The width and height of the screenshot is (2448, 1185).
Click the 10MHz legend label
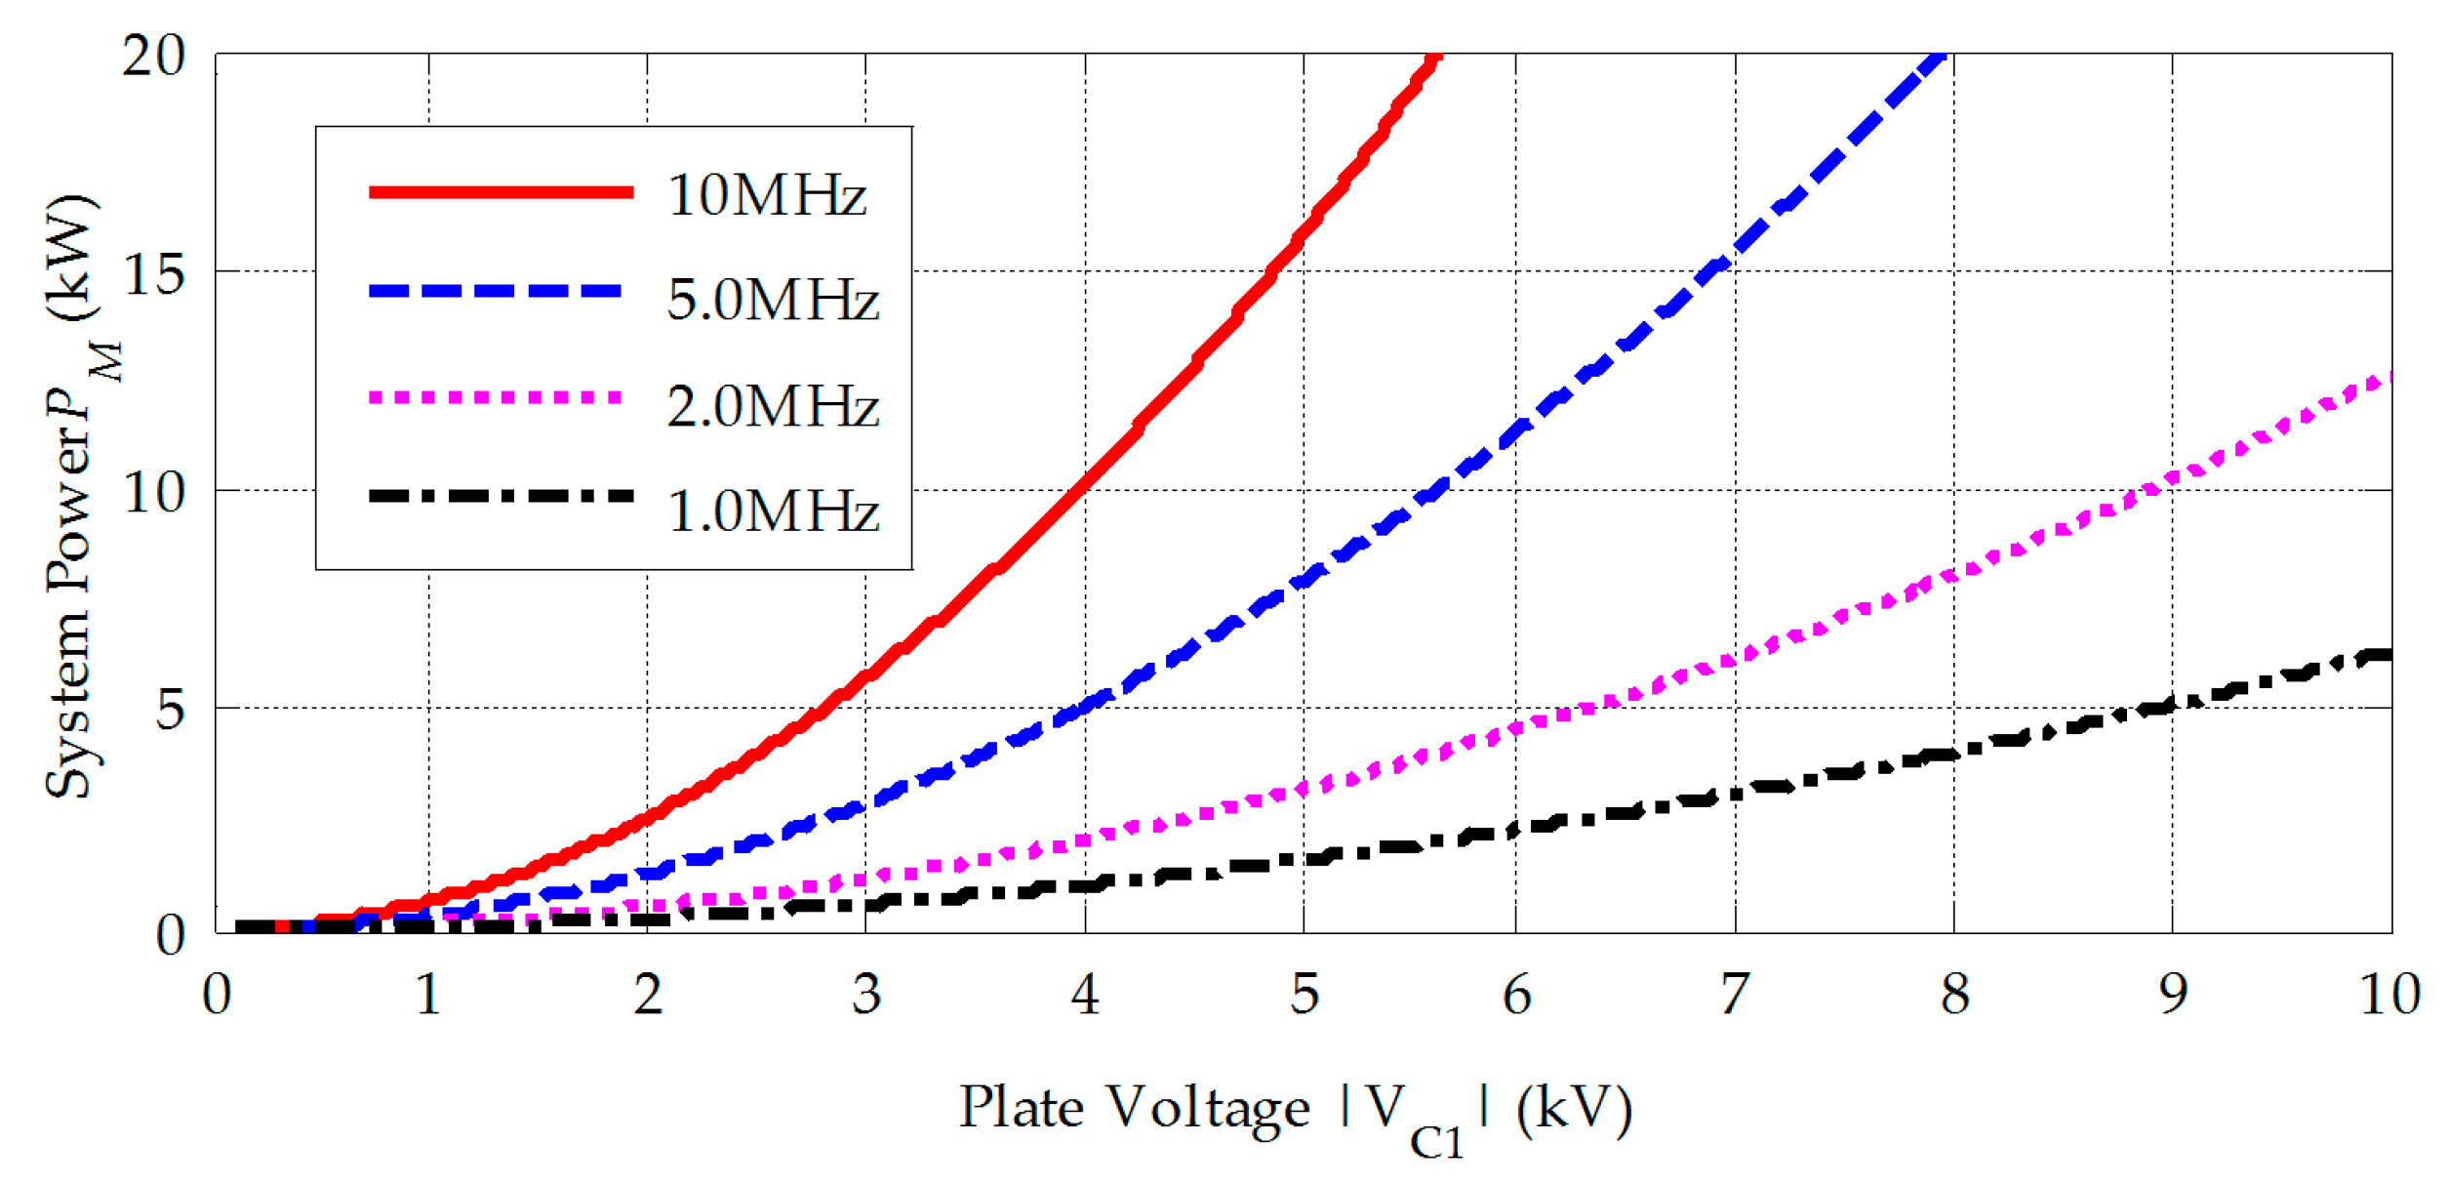click(x=766, y=194)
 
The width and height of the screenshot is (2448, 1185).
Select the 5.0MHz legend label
click(x=773, y=299)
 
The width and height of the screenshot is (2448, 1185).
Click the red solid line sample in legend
click(x=501, y=192)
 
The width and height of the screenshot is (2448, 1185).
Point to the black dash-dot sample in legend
click(x=501, y=496)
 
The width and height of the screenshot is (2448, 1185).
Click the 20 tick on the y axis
click(x=153, y=56)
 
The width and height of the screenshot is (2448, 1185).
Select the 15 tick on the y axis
click(x=153, y=274)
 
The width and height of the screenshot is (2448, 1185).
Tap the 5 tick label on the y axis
click(x=169, y=709)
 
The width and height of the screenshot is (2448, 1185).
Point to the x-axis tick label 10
click(x=2388, y=995)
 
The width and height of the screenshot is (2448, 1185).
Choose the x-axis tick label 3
click(x=865, y=995)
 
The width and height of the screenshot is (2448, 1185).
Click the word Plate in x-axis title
click(x=1021, y=1107)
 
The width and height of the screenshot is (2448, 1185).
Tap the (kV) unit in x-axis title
click(x=1574, y=1109)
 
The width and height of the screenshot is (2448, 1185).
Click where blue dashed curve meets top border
click(x=1942, y=57)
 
